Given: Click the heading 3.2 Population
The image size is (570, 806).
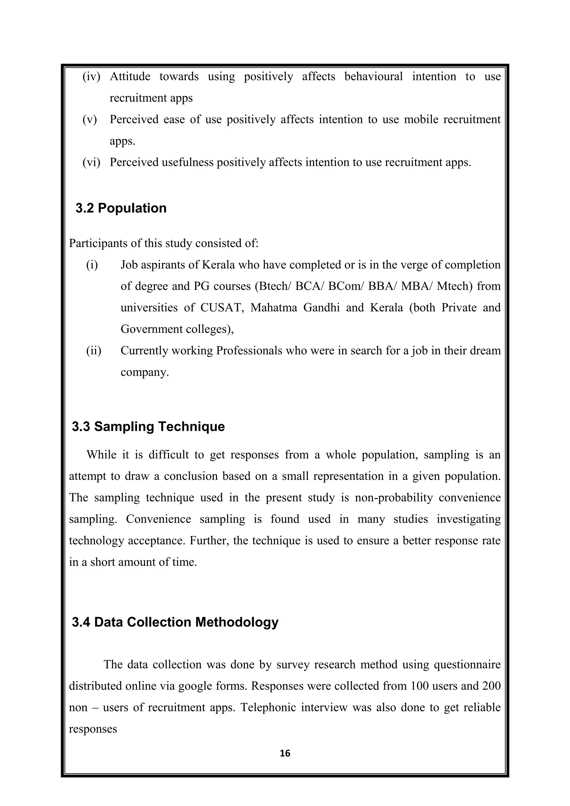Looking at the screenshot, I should pyautogui.click(x=121, y=208).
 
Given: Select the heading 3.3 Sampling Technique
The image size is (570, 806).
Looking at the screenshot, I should pyautogui.click(x=148, y=427).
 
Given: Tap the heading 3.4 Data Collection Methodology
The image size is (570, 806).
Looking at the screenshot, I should pyautogui.click(x=175, y=622).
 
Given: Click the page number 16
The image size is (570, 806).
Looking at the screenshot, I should pyautogui.click(x=285, y=753).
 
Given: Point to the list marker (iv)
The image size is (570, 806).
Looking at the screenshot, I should pyautogui.click(x=91, y=77).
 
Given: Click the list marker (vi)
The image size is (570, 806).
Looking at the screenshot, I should pyautogui.click(x=91, y=162).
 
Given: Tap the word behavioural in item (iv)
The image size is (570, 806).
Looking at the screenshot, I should pyautogui.click(x=374, y=77).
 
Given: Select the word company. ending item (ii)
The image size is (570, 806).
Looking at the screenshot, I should pyautogui.click(x=145, y=372).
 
